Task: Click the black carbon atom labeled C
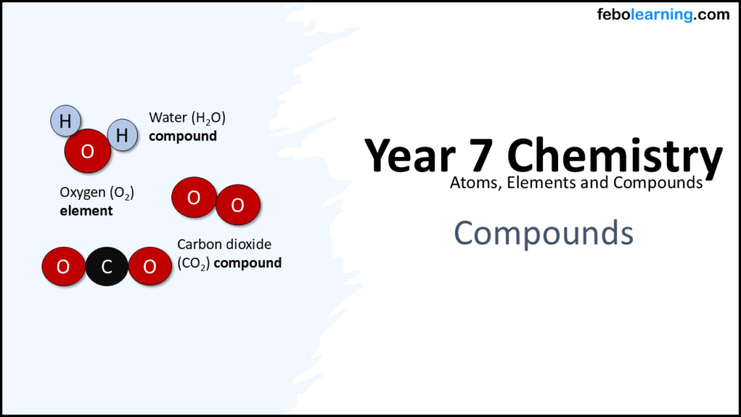click(107, 267)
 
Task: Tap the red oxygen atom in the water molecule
click(87, 152)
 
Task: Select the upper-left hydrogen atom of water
click(65, 121)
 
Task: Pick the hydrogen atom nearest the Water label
click(122, 136)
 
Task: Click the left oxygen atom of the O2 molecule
click(193, 198)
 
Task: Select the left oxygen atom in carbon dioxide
click(63, 267)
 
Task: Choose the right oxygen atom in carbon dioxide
click(150, 267)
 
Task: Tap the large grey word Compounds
click(543, 233)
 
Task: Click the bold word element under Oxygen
click(86, 210)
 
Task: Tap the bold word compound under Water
click(182, 136)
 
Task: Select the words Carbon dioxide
click(224, 244)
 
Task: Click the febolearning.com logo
click(662, 15)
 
